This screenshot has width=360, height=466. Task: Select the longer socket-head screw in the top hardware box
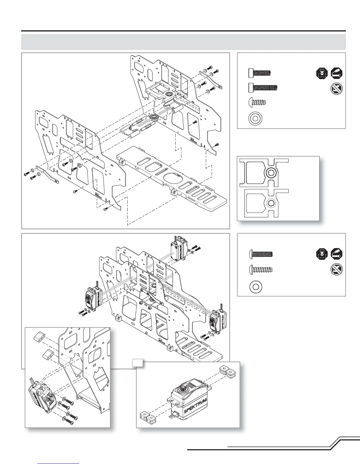pyautogui.click(x=263, y=87)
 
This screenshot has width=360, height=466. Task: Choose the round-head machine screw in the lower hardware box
pyautogui.click(x=261, y=254)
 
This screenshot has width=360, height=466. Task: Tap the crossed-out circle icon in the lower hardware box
pyautogui.click(x=336, y=270)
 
